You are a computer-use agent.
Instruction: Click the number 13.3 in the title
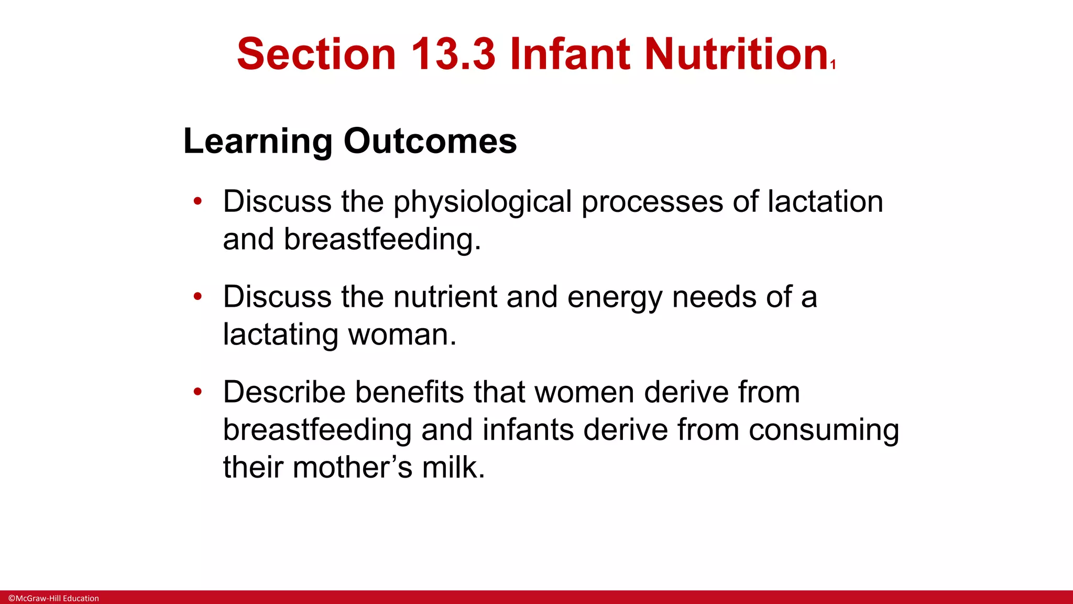[x=453, y=54]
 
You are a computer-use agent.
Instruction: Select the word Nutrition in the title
[x=736, y=54]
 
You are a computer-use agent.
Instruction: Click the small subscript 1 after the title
[x=833, y=65]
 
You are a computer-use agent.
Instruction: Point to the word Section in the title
[x=316, y=54]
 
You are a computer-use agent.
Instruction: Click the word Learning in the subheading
[x=257, y=142]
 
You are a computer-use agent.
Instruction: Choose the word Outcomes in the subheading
[x=430, y=142]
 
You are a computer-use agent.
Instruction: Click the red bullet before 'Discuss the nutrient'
[x=198, y=297]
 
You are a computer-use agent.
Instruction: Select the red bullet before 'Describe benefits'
[x=198, y=392]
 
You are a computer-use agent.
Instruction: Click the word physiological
[x=482, y=202]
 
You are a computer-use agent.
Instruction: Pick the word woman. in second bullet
[x=402, y=335]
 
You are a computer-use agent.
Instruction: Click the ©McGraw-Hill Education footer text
[x=53, y=598]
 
